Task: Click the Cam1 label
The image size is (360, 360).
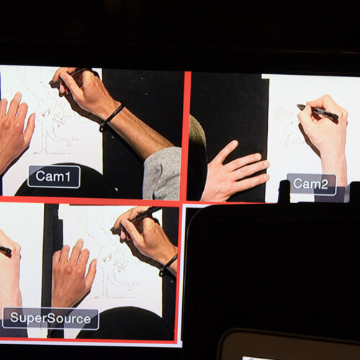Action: click(x=54, y=176)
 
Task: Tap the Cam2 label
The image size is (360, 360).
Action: click(x=311, y=184)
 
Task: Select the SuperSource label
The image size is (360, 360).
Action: click(x=50, y=318)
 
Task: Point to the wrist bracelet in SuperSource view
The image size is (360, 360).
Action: click(x=168, y=264)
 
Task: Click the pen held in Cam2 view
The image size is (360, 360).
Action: click(x=318, y=112)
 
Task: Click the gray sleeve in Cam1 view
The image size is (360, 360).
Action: click(x=163, y=174)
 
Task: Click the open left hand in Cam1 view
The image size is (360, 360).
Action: click(x=15, y=130)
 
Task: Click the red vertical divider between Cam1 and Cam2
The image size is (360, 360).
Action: click(x=186, y=135)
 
